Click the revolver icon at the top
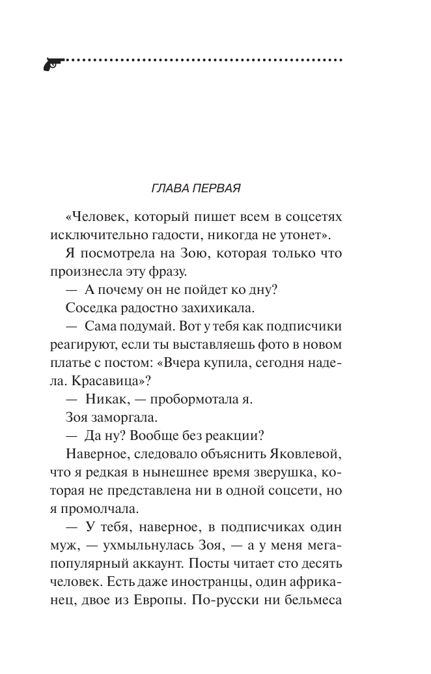[x=52, y=62]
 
